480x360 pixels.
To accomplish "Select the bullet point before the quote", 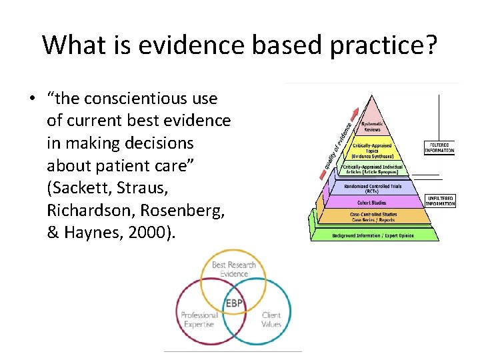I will point(32,99).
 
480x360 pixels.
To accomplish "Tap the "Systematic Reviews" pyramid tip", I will point(372,126).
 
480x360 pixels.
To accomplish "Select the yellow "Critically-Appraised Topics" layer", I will point(373,150).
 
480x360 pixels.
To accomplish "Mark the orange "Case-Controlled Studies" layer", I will point(373,216).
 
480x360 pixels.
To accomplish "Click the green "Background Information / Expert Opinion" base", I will point(373,235).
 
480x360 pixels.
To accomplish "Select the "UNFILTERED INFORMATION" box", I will point(440,201).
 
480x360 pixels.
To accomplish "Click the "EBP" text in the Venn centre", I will point(233,304).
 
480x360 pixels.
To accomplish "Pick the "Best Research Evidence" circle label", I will point(233,268).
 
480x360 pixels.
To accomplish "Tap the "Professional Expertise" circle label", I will point(199,319).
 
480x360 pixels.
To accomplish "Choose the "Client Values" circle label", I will point(271,319).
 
